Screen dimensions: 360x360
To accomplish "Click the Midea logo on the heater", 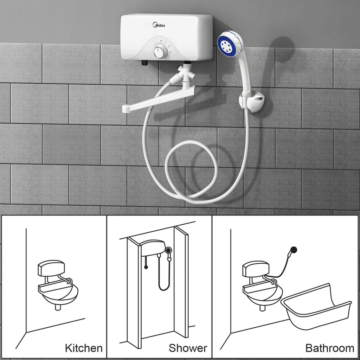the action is tap(159, 24).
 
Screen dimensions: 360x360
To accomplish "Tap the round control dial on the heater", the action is tap(158, 52).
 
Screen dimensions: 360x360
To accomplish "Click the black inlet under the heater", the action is tap(144, 63).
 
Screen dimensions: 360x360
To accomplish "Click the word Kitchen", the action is tap(84, 348).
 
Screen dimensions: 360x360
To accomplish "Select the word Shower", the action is tap(188, 348).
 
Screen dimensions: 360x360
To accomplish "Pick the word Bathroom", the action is tap(330, 348).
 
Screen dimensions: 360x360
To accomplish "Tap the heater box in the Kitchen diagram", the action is tap(51, 268).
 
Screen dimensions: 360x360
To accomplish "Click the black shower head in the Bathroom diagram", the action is tap(294, 250).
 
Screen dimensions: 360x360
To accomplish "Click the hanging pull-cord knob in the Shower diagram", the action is tap(146, 267).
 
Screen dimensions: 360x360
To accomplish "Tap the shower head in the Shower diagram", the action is tap(169, 250).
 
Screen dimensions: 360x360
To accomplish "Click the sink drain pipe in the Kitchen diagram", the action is tap(58, 307).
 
